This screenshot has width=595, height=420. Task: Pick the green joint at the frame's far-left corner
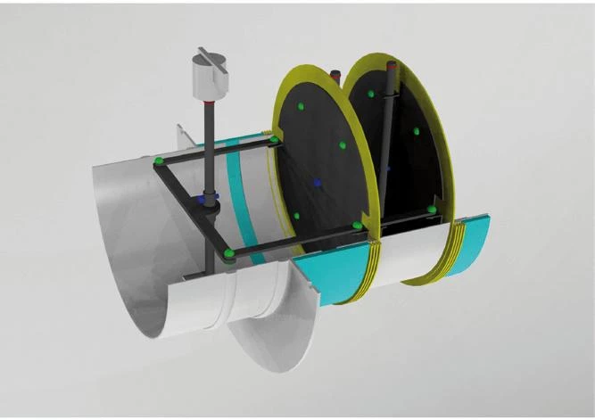click(x=158, y=161)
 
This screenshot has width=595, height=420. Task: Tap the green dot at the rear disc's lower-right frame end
click(x=432, y=210)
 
